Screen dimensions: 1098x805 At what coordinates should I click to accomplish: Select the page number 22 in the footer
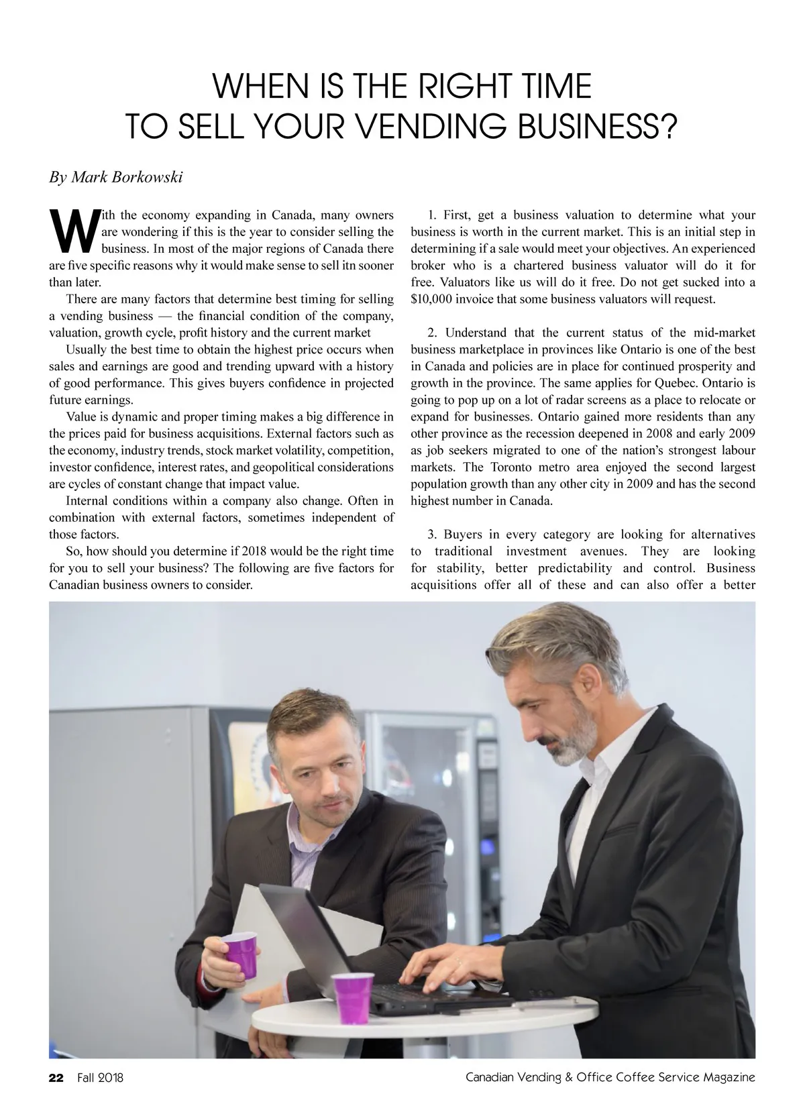pos(56,1077)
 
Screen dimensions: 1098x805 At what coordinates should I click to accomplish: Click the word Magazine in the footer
pos(729,1077)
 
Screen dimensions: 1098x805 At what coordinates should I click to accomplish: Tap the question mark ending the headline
pos(667,125)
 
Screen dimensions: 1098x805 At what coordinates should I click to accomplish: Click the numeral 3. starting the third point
pos(432,535)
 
